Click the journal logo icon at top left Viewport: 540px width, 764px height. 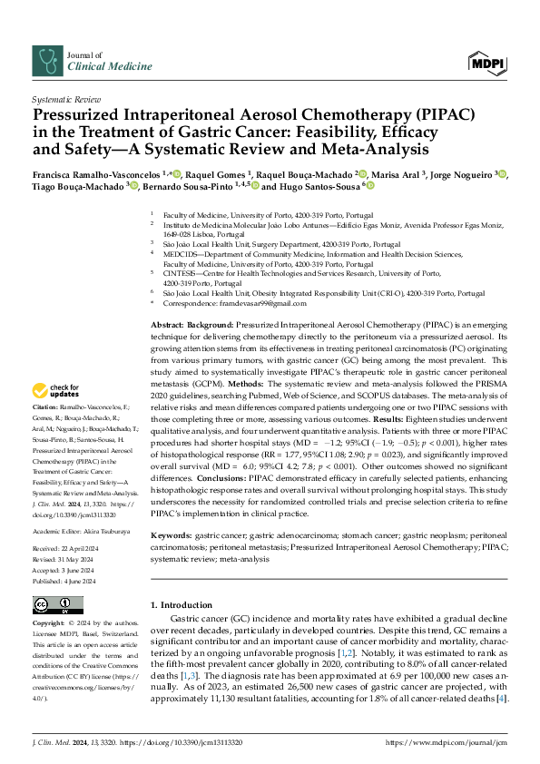tap(45, 61)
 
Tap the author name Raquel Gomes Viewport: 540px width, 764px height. tap(219, 172)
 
